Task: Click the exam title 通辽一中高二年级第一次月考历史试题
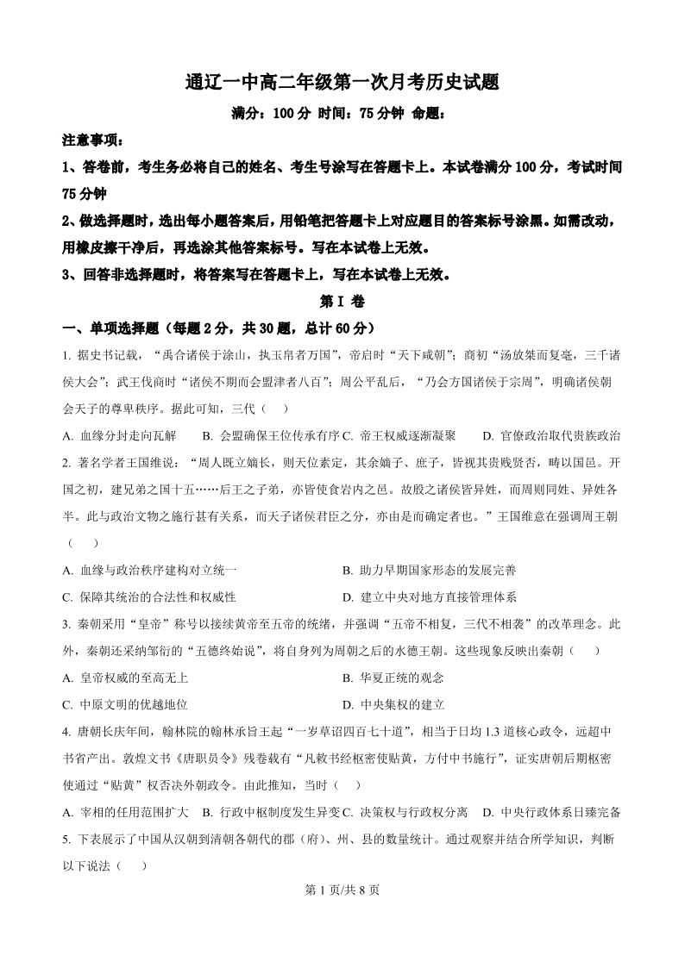(342, 83)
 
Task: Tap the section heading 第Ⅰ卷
(342, 302)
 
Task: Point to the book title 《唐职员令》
(199, 759)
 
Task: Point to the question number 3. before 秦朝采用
(66, 624)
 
